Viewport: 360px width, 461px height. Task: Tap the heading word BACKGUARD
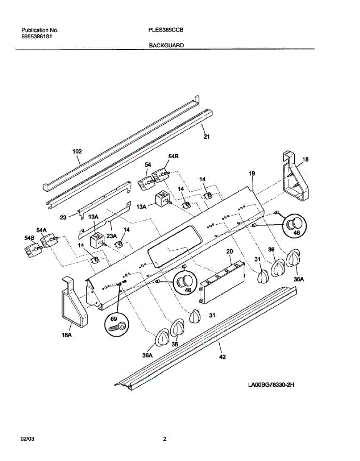click(166, 45)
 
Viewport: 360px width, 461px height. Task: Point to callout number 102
click(77, 152)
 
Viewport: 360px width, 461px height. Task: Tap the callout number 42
click(222, 357)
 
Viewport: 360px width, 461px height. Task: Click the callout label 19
click(251, 174)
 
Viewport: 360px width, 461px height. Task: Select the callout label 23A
click(111, 237)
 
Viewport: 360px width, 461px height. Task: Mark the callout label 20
click(230, 251)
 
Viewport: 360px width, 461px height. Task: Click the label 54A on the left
click(41, 230)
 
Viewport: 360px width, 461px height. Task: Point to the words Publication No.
click(40, 30)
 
